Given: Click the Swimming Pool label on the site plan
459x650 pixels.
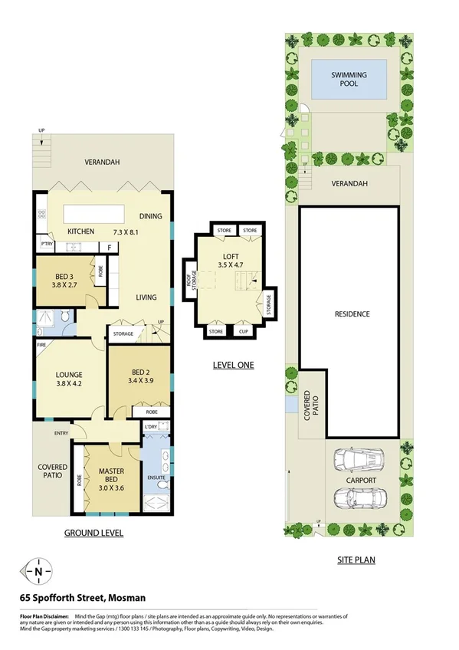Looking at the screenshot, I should [x=349, y=80].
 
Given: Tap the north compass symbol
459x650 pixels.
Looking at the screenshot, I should [x=38, y=571].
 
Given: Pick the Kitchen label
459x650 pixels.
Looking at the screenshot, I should [x=80, y=231].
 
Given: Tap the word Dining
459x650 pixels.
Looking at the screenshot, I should [x=150, y=216].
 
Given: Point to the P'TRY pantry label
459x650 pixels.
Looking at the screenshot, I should [x=46, y=245].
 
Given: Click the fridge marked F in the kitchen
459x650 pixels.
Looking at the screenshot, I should [x=110, y=247].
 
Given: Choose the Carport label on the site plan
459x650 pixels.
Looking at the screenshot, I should [x=360, y=481].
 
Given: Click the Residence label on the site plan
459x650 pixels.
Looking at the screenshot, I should [x=352, y=314].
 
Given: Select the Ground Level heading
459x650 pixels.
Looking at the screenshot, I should [x=93, y=533].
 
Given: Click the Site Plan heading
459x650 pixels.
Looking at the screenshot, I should [x=356, y=560].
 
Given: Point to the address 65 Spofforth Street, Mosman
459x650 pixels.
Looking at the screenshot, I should [x=83, y=597].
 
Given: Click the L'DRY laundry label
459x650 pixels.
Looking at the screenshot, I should [x=150, y=425].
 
